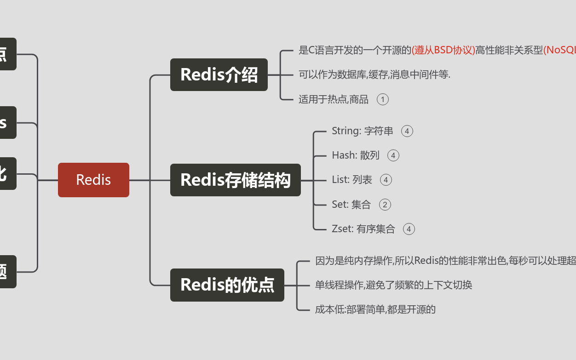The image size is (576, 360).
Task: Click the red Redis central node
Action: tap(93, 180)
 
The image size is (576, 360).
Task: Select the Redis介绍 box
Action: tap(219, 74)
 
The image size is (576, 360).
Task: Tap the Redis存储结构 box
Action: tap(235, 180)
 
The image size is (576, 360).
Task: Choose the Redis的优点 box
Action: tap(227, 285)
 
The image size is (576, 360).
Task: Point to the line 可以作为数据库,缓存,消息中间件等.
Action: tap(374, 74)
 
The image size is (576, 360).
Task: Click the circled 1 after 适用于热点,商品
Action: tap(383, 99)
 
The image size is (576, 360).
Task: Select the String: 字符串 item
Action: tap(363, 131)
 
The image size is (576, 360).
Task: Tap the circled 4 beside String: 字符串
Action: tap(407, 131)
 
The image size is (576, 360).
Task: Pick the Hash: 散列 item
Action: tap(356, 155)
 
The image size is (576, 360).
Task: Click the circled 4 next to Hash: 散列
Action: tap(393, 155)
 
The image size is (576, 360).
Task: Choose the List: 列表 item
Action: tap(352, 180)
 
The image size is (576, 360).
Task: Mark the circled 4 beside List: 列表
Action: tap(386, 180)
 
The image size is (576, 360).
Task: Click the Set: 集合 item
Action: tap(351, 205)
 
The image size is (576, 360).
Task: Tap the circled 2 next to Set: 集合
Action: tap(385, 205)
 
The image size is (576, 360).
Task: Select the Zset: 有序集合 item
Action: tap(363, 229)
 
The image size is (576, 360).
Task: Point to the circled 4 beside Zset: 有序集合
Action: tap(409, 229)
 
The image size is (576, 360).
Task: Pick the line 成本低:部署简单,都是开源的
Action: tap(375, 309)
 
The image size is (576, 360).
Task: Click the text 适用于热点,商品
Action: tap(334, 99)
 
